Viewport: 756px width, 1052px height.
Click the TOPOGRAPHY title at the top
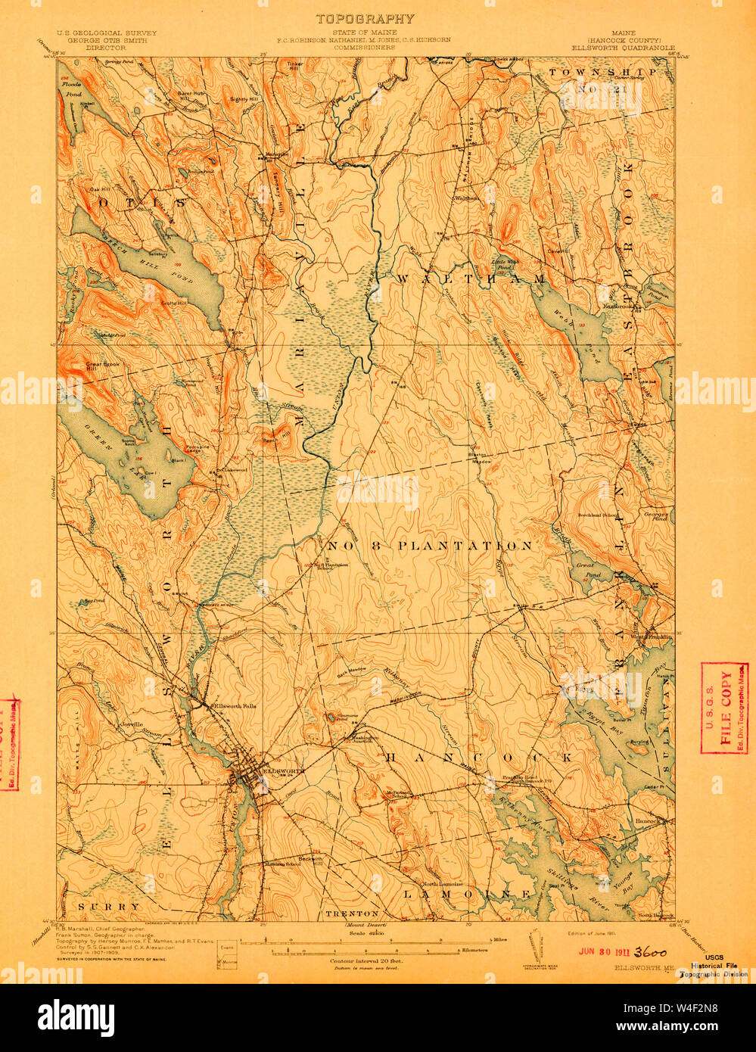(x=365, y=19)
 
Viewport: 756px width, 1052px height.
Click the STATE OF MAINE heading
(x=365, y=33)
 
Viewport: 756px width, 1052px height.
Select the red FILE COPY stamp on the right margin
(x=724, y=708)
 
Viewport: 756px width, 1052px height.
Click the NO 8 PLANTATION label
(x=430, y=546)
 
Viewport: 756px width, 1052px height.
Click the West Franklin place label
(x=651, y=637)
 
